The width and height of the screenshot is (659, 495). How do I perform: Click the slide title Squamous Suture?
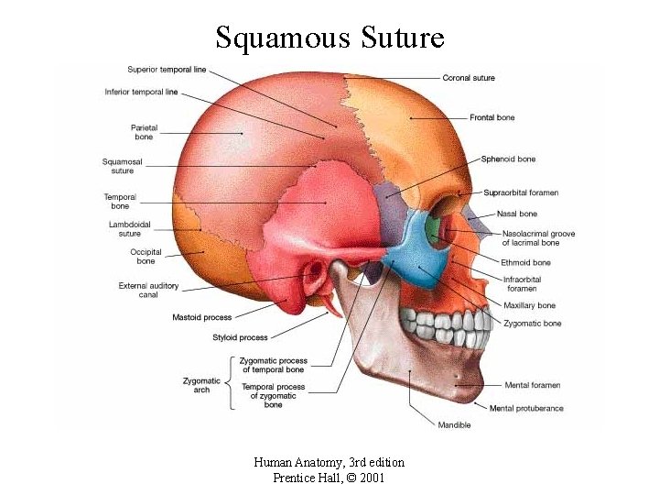329,38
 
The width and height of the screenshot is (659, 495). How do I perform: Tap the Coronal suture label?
469,78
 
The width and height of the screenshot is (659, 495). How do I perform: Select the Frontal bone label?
492,117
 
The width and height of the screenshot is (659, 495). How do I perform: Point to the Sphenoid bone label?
508,159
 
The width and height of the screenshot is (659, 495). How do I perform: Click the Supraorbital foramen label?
521,192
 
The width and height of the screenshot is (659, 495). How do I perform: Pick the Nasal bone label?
517,214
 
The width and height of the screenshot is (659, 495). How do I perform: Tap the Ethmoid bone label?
525,263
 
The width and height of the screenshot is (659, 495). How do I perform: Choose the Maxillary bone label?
529,305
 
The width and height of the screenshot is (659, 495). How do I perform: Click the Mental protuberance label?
526,408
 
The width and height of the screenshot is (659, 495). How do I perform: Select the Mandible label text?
454,424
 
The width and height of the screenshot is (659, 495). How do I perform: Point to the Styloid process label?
240,337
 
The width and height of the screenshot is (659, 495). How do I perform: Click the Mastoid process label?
202,317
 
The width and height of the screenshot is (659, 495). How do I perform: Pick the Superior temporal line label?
167,70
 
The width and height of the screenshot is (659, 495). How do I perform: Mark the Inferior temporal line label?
142,92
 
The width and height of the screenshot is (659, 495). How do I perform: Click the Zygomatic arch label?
201,385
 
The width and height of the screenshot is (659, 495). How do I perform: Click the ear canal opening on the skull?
316,272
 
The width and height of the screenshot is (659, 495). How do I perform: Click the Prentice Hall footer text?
329,478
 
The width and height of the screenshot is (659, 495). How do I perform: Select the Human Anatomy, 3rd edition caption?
329,462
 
